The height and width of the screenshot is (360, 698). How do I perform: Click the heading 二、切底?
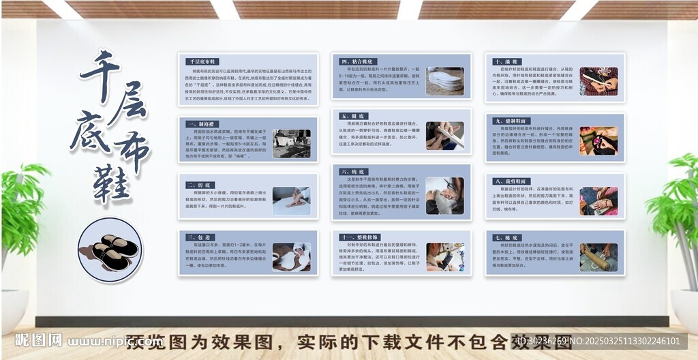click(200, 184)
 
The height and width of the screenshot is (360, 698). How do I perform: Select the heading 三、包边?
click(200, 237)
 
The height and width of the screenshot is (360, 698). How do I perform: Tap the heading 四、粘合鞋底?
click(356, 61)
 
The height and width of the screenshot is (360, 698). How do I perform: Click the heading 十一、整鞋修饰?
click(359, 237)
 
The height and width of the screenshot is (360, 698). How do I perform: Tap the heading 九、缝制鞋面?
click(511, 121)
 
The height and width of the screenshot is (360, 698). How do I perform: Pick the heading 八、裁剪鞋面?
click(511, 181)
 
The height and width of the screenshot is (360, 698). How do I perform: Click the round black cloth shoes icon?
click(110, 250)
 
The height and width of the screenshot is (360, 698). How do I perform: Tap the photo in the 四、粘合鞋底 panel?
click(444, 80)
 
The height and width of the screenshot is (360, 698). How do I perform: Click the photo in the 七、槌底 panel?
click(598, 257)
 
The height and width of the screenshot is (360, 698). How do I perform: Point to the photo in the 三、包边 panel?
click(291, 257)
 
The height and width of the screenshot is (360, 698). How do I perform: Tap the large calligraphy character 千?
click(100, 75)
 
